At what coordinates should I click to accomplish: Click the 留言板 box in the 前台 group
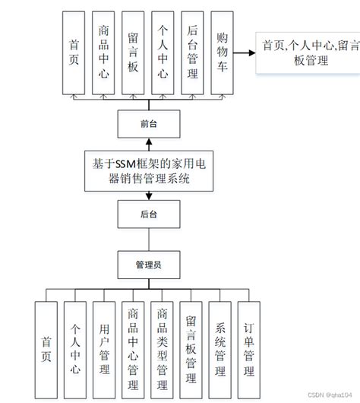(x=133, y=52)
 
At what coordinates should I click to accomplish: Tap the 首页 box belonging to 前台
(x=73, y=52)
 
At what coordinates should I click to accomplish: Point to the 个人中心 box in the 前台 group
(x=162, y=52)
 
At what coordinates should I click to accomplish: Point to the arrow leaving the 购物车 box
(x=245, y=54)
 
